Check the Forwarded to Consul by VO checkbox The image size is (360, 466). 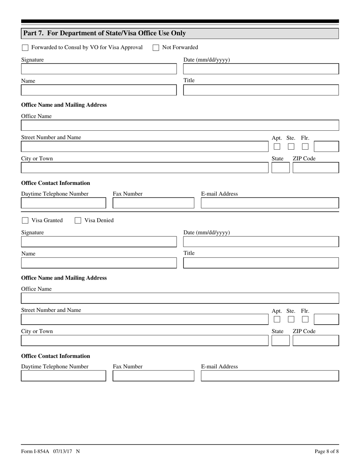coord(25,48)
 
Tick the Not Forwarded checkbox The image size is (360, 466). coord(156,48)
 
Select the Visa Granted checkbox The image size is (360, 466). coord(25,220)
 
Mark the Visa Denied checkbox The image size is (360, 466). coord(78,220)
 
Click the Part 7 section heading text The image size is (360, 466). coord(105,33)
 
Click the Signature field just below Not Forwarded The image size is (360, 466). coord(99,69)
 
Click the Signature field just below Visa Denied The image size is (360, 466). coord(99,242)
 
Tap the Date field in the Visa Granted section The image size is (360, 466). coord(261,242)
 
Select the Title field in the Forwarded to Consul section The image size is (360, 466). coord(261,90)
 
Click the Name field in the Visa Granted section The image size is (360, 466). coord(99,263)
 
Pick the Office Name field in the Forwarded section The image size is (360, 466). coord(180,125)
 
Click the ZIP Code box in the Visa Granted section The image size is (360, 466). coord(316,341)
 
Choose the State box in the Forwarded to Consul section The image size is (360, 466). coord(280,168)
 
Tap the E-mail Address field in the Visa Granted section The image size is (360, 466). coord(269,376)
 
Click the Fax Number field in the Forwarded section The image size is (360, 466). coord(153,203)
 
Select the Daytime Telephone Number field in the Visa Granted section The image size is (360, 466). coord(63,376)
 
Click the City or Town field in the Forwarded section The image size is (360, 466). coord(144,168)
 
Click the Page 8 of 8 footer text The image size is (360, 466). coord(327,451)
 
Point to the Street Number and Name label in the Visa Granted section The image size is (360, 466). coord(51,310)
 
